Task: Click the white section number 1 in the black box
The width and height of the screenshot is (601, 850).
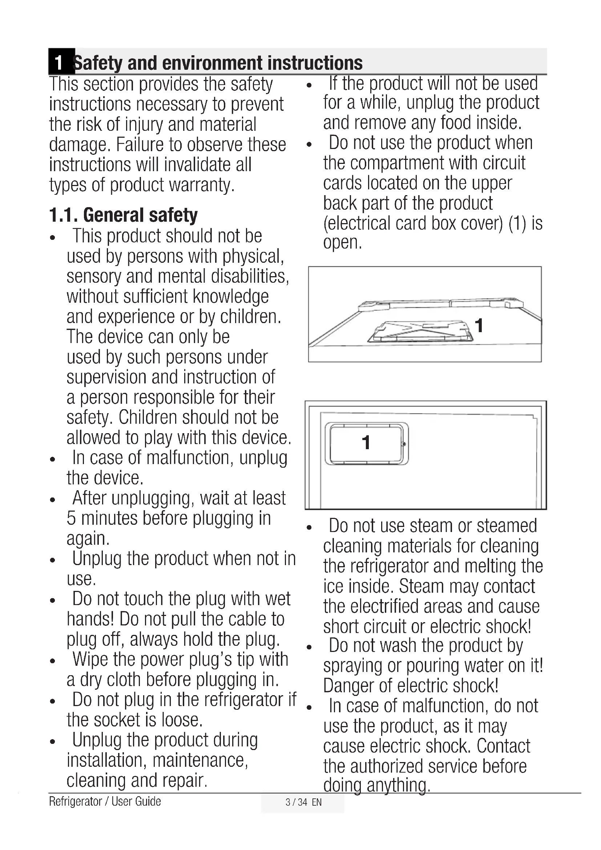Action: [x=59, y=63]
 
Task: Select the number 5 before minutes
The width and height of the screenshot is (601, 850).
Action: [x=72, y=519]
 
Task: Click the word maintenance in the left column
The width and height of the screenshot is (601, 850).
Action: [x=200, y=760]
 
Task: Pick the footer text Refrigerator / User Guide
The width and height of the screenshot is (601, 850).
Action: [x=105, y=802]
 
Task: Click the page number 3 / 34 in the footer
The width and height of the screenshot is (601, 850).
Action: [x=297, y=802]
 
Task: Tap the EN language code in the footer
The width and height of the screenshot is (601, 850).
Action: [x=317, y=802]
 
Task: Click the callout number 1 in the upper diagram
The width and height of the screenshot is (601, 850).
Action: [x=479, y=326]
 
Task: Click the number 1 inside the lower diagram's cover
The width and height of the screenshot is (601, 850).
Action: [x=366, y=443]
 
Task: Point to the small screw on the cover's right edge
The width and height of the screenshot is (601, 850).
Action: [x=404, y=444]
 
